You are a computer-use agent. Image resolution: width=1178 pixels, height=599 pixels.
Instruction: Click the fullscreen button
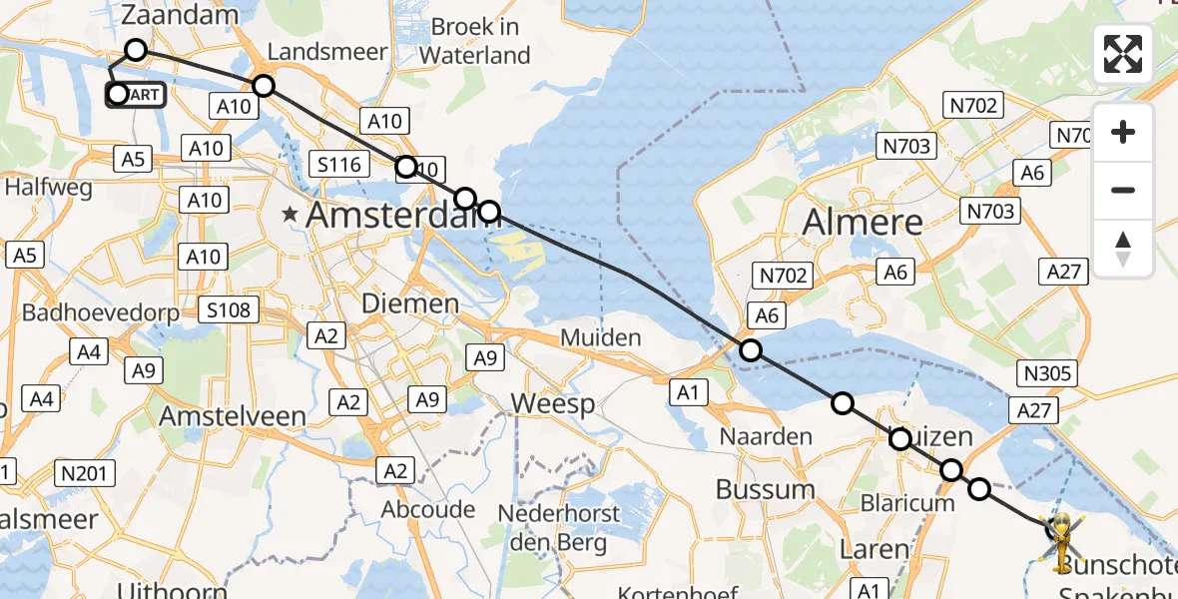tap(1123, 54)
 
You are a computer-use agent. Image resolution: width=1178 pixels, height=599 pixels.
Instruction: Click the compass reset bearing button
tap(1123, 249)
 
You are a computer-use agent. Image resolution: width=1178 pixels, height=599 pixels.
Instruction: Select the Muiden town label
tap(600, 337)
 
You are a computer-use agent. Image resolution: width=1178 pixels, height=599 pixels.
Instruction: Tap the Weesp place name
tap(553, 404)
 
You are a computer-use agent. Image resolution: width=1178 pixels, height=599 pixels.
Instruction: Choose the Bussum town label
tap(766, 489)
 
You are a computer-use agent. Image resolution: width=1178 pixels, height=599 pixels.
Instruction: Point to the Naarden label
tap(766, 436)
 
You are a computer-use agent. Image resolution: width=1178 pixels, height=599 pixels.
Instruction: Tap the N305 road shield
tap(1047, 374)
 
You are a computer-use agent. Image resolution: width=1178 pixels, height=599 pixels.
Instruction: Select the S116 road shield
tap(339, 165)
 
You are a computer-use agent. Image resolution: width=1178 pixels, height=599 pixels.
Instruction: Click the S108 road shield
tap(230, 310)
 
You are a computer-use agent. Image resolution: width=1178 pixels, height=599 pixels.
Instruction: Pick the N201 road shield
tap(86, 472)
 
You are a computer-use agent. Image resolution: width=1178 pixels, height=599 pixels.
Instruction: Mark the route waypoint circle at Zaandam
tap(136, 50)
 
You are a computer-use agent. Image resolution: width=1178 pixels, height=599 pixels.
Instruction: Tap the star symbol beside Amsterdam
tap(291, 214)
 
